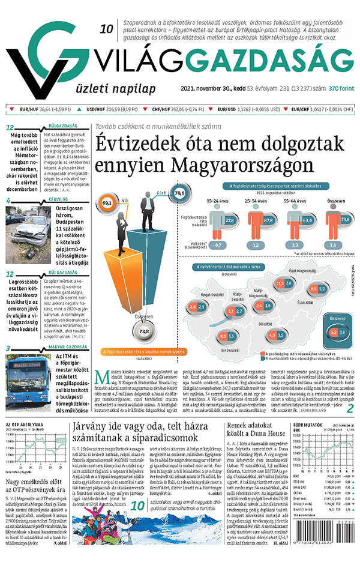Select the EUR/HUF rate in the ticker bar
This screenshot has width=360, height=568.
tap(45, 109)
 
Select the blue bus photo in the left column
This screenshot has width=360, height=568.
tap(28, 369)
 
